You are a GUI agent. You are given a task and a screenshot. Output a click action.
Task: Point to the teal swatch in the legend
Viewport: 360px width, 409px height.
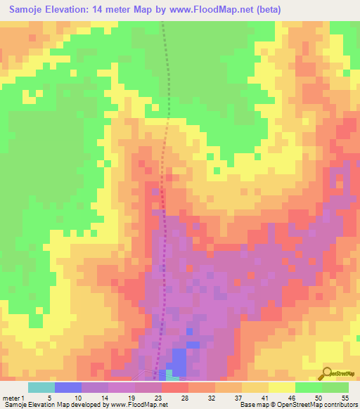point(41,387)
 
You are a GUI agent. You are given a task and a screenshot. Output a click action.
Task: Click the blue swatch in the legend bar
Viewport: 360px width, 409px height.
point(68,387)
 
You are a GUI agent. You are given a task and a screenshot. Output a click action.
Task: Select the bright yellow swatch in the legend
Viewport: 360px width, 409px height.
point(282,387)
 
